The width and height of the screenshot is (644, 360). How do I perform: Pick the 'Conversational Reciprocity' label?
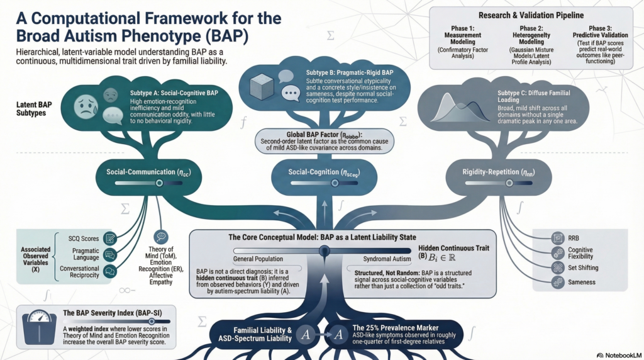80,273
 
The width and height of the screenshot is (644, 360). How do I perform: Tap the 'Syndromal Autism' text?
384,259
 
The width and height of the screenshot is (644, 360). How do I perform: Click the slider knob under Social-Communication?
159,183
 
